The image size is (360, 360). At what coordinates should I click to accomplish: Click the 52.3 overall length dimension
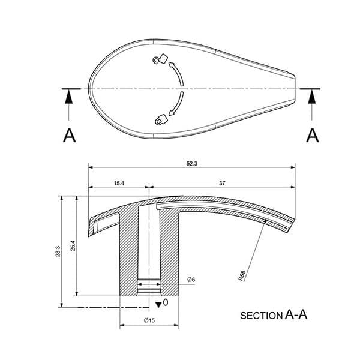coord(191,163)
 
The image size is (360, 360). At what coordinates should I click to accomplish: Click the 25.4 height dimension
coord(73,245)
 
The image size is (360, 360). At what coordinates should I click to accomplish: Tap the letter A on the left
coord(70,136)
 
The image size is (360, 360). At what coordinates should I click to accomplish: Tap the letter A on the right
coord(312,136)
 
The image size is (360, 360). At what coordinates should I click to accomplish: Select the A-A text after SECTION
coord(296,314)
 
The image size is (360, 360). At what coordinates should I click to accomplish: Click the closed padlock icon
coord(160,119)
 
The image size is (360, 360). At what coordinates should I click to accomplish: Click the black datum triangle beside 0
coord(158,304)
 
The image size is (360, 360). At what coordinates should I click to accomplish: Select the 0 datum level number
coord(166,303)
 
